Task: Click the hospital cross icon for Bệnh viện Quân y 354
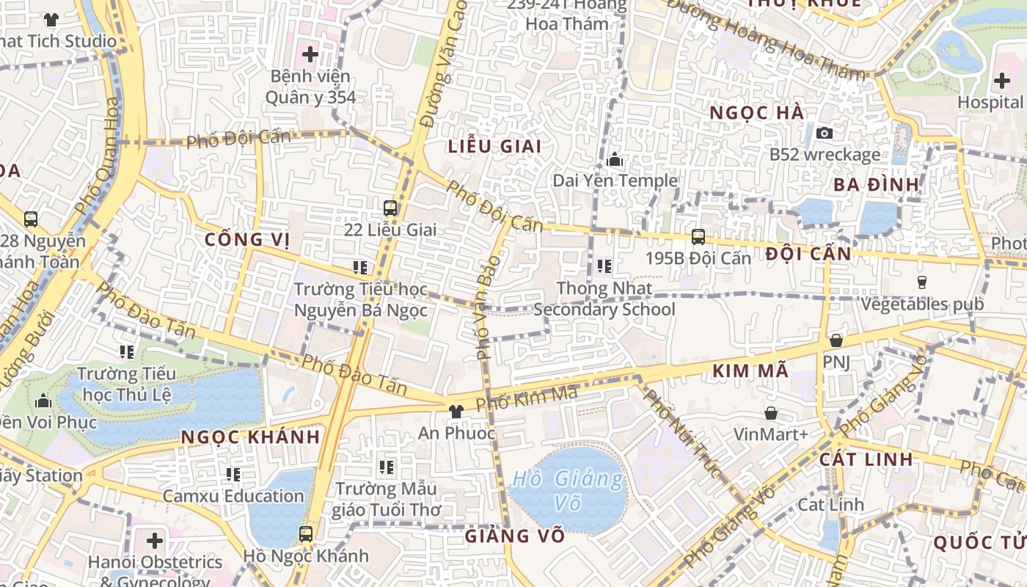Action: click(310, 54)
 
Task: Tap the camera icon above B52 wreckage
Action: click(825, 133)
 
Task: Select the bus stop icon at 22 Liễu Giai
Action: click(390, 208)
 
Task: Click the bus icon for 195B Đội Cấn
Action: click(698, 236)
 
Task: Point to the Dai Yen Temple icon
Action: click(615, 158)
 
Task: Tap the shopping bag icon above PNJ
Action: click(836, 340)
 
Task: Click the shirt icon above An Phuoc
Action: click(456, 411)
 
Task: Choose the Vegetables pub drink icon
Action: click(922, 282)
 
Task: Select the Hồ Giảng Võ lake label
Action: click(569, 491)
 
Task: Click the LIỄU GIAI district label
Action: click(495, 146)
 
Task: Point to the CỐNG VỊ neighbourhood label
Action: click(247, 239)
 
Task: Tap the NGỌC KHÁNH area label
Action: click(250, 437)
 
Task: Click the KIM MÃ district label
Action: click(750, 371)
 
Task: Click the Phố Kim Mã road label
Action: click(527, 398)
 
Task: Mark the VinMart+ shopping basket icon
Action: click(770, 413)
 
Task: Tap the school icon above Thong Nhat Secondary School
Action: click(604, 266)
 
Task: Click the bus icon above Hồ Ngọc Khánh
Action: click(306, 533)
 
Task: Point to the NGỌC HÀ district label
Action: click(757, 112)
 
